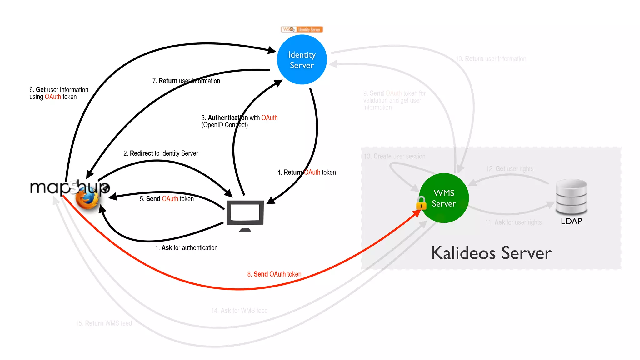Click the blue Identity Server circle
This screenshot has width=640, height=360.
[302, 60]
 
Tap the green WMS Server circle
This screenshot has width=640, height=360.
[444, 198]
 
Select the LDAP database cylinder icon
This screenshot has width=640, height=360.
[571, 197]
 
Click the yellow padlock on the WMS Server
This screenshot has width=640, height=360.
[421, 203]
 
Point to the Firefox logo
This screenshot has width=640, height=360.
[87, 199]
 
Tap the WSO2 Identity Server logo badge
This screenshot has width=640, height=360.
[302, 30]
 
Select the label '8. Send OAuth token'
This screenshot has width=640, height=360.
[274, 274]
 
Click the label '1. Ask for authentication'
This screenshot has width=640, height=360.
[186, 247]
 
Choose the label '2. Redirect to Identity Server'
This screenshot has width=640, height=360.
[161, 153]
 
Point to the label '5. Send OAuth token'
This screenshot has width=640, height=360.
[167, 199]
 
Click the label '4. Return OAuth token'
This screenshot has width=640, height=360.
[307, 172]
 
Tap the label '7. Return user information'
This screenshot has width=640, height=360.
[186, 81]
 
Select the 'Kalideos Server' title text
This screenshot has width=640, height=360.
[491, 253]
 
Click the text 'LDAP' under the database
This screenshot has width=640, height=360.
[571, 221]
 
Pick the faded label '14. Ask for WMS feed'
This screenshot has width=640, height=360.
[239, 311]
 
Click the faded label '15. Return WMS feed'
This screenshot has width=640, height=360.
[104, 323]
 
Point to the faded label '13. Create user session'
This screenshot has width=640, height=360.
[394, 156]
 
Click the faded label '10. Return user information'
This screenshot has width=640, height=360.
[491, 59]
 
